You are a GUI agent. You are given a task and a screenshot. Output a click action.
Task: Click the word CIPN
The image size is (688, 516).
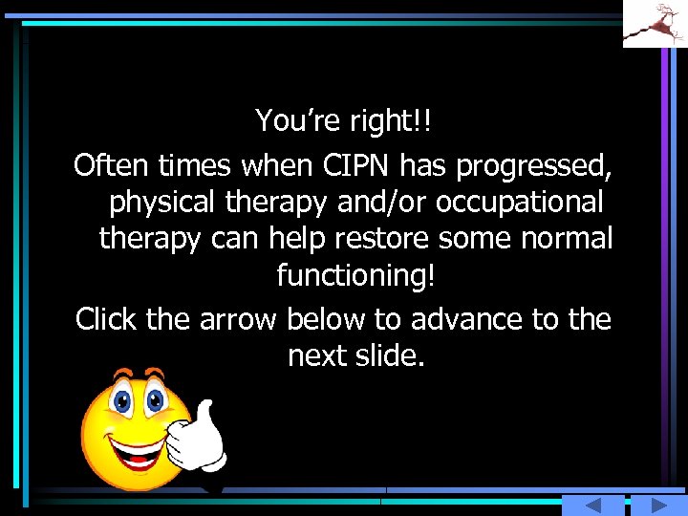pos(355,166)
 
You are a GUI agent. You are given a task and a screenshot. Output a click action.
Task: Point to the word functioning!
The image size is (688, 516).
pos(355,276)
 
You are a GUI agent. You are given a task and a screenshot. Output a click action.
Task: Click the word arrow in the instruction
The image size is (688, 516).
pos(239,319)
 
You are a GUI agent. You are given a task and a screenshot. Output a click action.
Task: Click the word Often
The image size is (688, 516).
pos(112,166)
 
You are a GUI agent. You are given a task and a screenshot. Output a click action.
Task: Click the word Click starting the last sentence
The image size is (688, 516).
pos(107,319)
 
